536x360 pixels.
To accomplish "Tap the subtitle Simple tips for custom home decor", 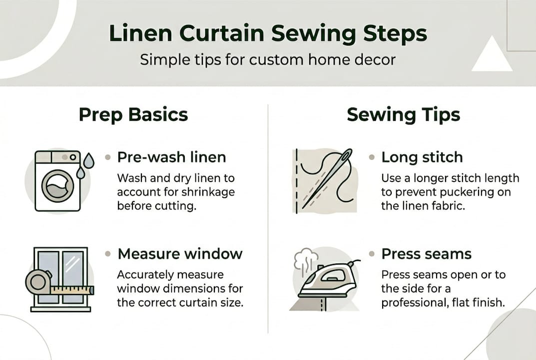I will (267, 59).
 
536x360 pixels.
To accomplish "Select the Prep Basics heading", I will (133, 114).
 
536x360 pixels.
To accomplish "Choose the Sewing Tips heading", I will (403, 114).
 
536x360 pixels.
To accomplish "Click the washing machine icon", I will (57, 180).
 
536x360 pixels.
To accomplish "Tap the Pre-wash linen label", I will (171, 157).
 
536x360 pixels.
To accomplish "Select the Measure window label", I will (180, 253).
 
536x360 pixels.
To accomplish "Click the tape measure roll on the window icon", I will (38, 283).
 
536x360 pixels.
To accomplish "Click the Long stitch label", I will (422, 157).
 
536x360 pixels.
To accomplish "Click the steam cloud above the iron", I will (305, 260).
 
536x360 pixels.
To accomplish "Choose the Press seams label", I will (426, 253).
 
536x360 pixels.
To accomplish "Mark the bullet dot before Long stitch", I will (372, 157).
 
